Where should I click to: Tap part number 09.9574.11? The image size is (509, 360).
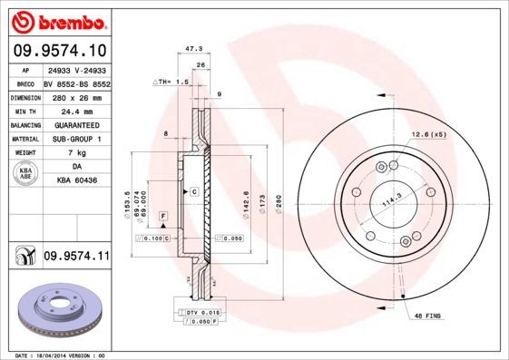76,257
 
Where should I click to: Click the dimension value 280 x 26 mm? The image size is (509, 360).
76,95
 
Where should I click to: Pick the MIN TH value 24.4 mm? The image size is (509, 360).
76,110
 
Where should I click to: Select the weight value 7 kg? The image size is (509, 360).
76,153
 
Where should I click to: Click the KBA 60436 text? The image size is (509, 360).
76,181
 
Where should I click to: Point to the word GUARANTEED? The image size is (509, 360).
76,124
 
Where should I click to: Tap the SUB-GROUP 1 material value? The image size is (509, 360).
76,139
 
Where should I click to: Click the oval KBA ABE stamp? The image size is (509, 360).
26,174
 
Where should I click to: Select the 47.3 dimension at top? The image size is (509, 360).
192,52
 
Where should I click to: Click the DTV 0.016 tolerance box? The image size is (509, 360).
201,311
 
